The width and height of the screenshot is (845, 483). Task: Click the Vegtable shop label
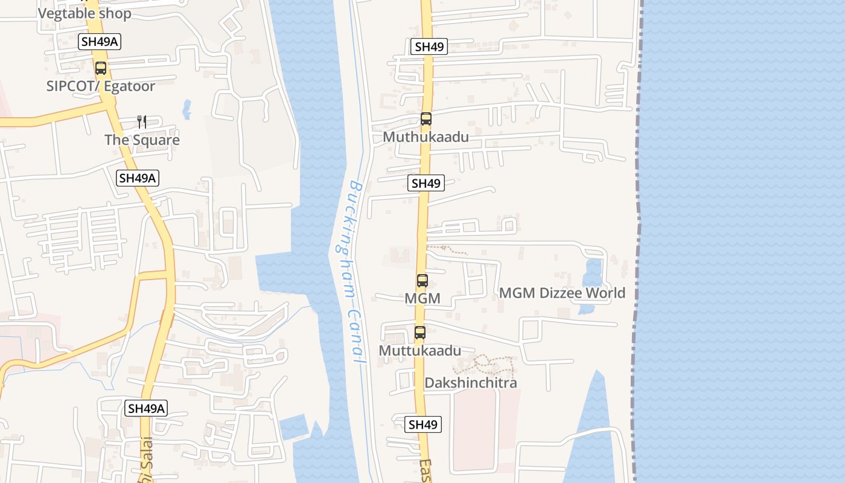[84, 13]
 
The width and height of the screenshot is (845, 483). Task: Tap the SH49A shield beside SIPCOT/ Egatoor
[100, 42]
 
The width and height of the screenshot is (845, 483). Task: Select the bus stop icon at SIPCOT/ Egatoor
[101, 68]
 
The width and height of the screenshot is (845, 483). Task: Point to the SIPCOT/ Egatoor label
[101, 86]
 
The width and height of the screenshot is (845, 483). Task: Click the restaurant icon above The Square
[142, 122]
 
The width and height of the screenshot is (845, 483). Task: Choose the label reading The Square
[142, 140]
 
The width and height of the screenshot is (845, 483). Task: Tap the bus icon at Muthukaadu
[426, 119]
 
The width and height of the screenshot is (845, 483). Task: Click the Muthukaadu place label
[426, 137]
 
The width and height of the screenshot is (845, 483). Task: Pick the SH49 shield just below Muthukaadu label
[426, 183]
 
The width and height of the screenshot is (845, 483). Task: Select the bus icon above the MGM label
[422, 280]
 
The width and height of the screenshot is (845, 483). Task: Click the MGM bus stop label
[422, 298]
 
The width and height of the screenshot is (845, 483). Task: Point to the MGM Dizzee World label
[562, 293]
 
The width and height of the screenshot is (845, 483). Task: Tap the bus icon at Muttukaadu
[419, 332]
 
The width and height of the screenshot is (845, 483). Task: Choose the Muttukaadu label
[419, 351]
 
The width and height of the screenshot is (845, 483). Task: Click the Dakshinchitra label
[471, 383]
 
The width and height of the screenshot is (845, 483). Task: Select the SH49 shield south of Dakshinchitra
[422, 424]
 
